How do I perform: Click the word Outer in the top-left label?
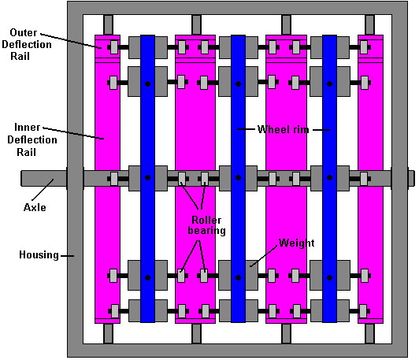point(24,32)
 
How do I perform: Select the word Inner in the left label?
point(27,127)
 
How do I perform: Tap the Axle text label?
point(35,207)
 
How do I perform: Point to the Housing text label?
point(39,255)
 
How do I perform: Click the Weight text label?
point(296,243)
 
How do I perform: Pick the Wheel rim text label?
point(284,130)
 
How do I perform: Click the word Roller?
point(206,221)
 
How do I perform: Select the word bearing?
point(206,231)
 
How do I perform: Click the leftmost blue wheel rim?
point(147,179)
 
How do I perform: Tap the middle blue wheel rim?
point(238,179)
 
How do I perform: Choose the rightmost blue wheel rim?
point(329,179)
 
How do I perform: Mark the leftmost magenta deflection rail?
point(107,179)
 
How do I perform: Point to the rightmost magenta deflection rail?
point(371,179)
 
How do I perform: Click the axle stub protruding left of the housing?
point(44,179)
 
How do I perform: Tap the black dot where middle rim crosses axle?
point(238,178)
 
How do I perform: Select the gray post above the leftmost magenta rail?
point(108,25)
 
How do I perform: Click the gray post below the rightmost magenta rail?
point(370,333)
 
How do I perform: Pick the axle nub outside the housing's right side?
point(411,178)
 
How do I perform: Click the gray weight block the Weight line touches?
point(251,275)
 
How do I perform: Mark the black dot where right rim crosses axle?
point(329,178)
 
